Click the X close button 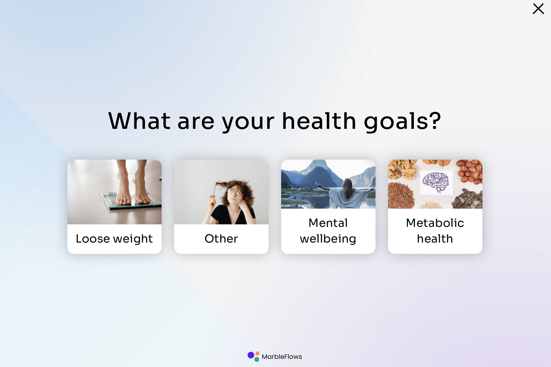538,9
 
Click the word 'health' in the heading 319,121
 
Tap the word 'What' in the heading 139,121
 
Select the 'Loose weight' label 114,239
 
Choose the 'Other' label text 221,239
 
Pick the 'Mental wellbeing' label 328,231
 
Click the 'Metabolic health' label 435,231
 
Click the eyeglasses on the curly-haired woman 234,191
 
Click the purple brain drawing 436,182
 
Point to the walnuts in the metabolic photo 401,170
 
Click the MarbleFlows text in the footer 281,357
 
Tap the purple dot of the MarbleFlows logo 251,355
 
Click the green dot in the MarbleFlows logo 257,359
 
